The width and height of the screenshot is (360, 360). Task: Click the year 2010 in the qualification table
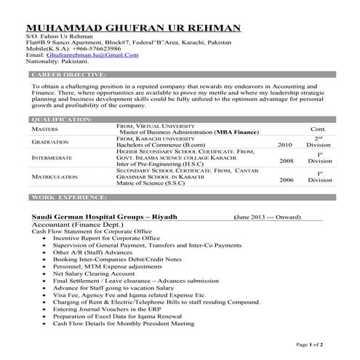tap(286, 145)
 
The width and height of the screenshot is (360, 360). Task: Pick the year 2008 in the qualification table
tap(286, 161)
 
